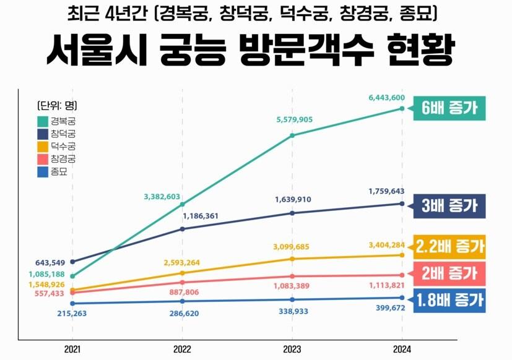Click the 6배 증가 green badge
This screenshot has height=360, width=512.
point(449,109)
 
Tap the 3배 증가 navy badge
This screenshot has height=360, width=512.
point(449,205)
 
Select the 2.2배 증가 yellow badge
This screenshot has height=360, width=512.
point(450,247)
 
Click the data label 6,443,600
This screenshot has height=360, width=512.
point(386,98)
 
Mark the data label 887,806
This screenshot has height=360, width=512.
point(182,292)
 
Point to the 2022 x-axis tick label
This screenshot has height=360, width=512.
point(182,349)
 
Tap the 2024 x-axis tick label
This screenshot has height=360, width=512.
point(402,349)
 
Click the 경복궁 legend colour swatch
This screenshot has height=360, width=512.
point(43,121)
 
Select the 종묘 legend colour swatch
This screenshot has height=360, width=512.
point(43,171)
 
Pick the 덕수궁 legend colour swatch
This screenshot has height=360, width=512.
point(43,147)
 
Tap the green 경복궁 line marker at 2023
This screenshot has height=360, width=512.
point(292,135)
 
